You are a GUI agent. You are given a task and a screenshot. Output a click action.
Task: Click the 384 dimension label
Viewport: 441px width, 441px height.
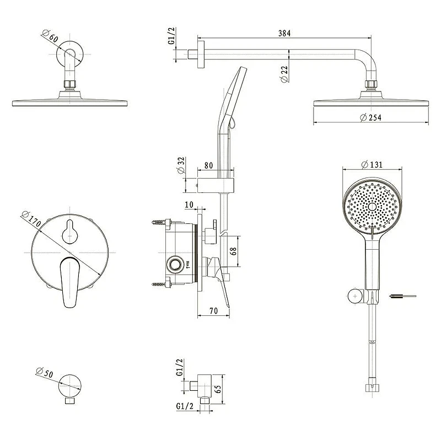pyautogui.click(x=284, y=33)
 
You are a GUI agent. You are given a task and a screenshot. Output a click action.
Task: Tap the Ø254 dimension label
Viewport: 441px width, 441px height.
pyautogui.click(x=370, y=117)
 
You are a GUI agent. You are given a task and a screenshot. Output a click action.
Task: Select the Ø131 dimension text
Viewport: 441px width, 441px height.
pyautogui.click(x=372, y=164)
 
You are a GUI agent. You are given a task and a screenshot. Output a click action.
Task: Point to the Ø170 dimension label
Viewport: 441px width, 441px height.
pyautogui.click(x=31, y=219)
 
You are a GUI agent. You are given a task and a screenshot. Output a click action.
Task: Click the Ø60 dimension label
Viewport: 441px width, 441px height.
pyautogui.click(x=50, y=36)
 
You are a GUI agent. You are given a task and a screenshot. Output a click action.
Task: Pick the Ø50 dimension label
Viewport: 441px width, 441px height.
pyautogui.click(x=45, y=373)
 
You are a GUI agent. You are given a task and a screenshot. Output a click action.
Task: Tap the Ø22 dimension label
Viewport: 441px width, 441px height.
pyautogui.click(x=284, y=74)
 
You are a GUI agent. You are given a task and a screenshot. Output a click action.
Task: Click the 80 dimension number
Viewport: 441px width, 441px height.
pyautogui.click(x=208, y=165)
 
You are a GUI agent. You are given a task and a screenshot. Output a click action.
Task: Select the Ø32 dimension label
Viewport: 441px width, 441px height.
pyautogui.click(x=181, y=165)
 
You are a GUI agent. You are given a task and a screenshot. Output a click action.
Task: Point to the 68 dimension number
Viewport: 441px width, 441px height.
pyautogui.click(x=233, y=251)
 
